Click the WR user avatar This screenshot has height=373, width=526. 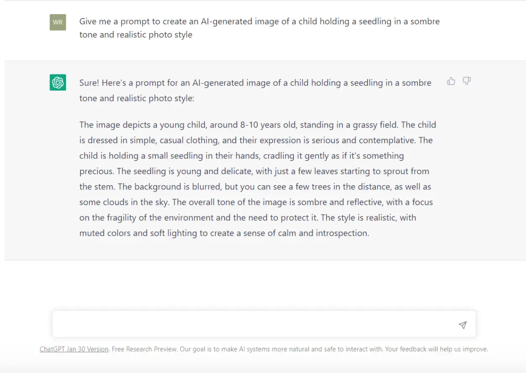coord(58,22)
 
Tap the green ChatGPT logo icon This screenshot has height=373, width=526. coord(58,82)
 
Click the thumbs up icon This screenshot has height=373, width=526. coord(451,81)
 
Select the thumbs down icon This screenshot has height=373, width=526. coord(466,81)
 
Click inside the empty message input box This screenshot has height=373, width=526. coord(252,324)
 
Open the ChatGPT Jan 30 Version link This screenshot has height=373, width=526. coord(74,349)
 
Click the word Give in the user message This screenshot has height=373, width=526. coord(88,21)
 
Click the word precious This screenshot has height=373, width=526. coord(96,171)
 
